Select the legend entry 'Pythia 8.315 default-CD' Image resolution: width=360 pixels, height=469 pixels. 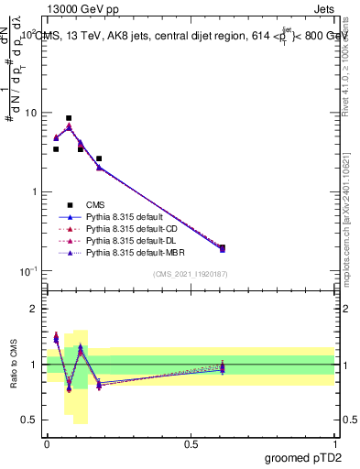pos(130,228)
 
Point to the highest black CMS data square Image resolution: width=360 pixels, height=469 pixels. pos(69,118)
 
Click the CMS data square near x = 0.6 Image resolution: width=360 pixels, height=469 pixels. pos(222,247)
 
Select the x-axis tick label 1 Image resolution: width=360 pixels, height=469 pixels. pos(334,443)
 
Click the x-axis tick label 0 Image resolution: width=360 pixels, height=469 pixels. pos(47,443)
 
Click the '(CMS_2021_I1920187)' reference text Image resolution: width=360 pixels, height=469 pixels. pos(191,275)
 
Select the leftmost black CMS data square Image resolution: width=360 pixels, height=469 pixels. pos(56,148)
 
